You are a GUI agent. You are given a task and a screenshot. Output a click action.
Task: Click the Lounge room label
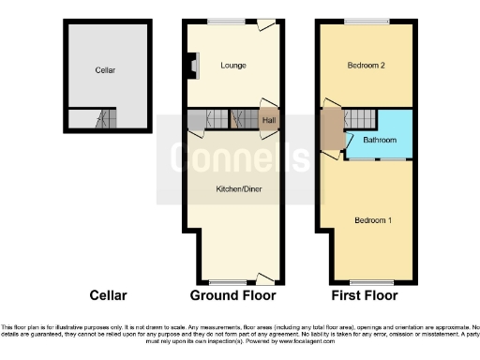pos(233,66)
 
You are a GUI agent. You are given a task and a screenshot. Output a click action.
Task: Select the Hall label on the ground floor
pos(269,120)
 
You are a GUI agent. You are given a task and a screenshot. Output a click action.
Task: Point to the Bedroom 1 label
pos(372,220)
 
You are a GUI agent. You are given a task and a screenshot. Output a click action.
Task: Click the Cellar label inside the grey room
pos(105,69)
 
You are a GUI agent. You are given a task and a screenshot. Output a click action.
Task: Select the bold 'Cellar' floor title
pos(108,295)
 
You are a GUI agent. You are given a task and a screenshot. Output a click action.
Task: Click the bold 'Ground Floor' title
pos(233,295)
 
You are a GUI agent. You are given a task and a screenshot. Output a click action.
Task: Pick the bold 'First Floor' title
pos(364,295)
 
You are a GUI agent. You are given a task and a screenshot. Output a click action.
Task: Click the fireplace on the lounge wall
pos(194,65)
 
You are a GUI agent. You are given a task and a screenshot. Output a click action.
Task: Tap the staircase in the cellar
pos(98,119)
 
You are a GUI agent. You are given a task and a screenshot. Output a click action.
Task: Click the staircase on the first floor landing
pos(358,119)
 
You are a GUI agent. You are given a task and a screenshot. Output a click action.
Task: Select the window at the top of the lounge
pos(221,22)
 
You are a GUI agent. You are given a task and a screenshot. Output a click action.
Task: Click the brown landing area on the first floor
pos(332,128)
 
